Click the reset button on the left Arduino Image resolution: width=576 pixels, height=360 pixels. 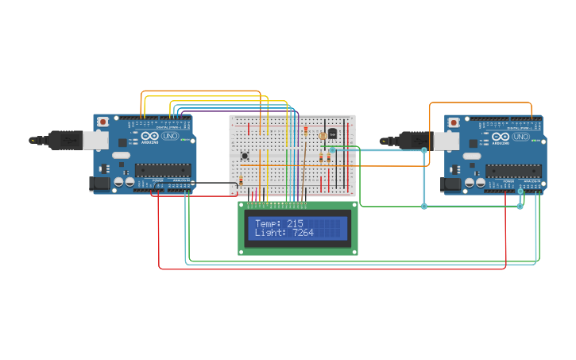point(103,122)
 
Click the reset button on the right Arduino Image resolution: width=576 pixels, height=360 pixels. point(454,122)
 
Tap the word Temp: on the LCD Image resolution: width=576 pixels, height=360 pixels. point(268,224)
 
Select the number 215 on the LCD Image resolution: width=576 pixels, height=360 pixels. point(295,224)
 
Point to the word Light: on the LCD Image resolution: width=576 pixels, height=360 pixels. point(271,233)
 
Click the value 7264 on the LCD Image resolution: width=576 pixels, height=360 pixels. point(303,233)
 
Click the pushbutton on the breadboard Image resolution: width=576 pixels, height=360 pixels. point(245,155)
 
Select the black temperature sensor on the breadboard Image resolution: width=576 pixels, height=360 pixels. point(332,134)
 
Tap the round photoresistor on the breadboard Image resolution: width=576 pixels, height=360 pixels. point(323,136)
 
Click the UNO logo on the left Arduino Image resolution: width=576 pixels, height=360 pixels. point(170,137)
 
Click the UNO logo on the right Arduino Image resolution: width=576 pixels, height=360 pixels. point(520,137)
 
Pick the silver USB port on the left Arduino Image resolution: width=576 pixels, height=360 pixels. point(96,140)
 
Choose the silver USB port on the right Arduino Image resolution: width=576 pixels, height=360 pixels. point(446,140)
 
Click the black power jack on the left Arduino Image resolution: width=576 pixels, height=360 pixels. point(99,184)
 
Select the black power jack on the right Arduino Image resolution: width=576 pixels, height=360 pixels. point(450,184)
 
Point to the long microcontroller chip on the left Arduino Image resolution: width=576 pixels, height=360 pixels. point(163,169)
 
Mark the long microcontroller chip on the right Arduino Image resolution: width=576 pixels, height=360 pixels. point(513,169)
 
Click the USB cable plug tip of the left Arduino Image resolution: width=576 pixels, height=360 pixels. point(33,140)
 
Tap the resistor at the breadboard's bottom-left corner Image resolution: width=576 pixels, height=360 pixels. point(241,182)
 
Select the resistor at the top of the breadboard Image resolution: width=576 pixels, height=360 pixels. point(306,130)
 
